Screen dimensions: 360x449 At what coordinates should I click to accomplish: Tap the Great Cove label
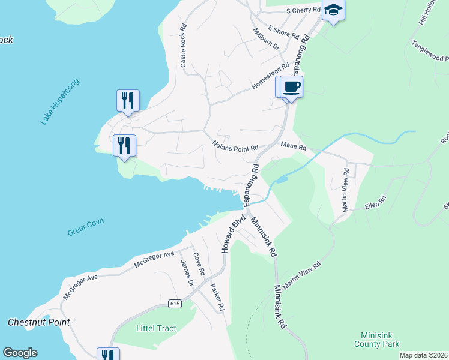(86, 227)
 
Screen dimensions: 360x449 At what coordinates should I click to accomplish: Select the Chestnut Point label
(39, 322)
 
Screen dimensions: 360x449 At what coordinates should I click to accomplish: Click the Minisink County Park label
(376, 340)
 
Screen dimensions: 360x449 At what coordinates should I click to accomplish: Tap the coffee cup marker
(292, 87)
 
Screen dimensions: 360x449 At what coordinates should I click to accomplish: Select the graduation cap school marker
(333, 10)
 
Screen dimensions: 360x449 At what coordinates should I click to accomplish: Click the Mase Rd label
(294, 146)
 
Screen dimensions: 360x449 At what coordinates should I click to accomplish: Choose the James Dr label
(187, 272)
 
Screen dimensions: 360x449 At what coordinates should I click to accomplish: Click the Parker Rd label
(217, 296)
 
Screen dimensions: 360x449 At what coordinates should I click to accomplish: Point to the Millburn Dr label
(266, 38)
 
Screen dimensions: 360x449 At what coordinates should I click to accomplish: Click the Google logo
(20, 353)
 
